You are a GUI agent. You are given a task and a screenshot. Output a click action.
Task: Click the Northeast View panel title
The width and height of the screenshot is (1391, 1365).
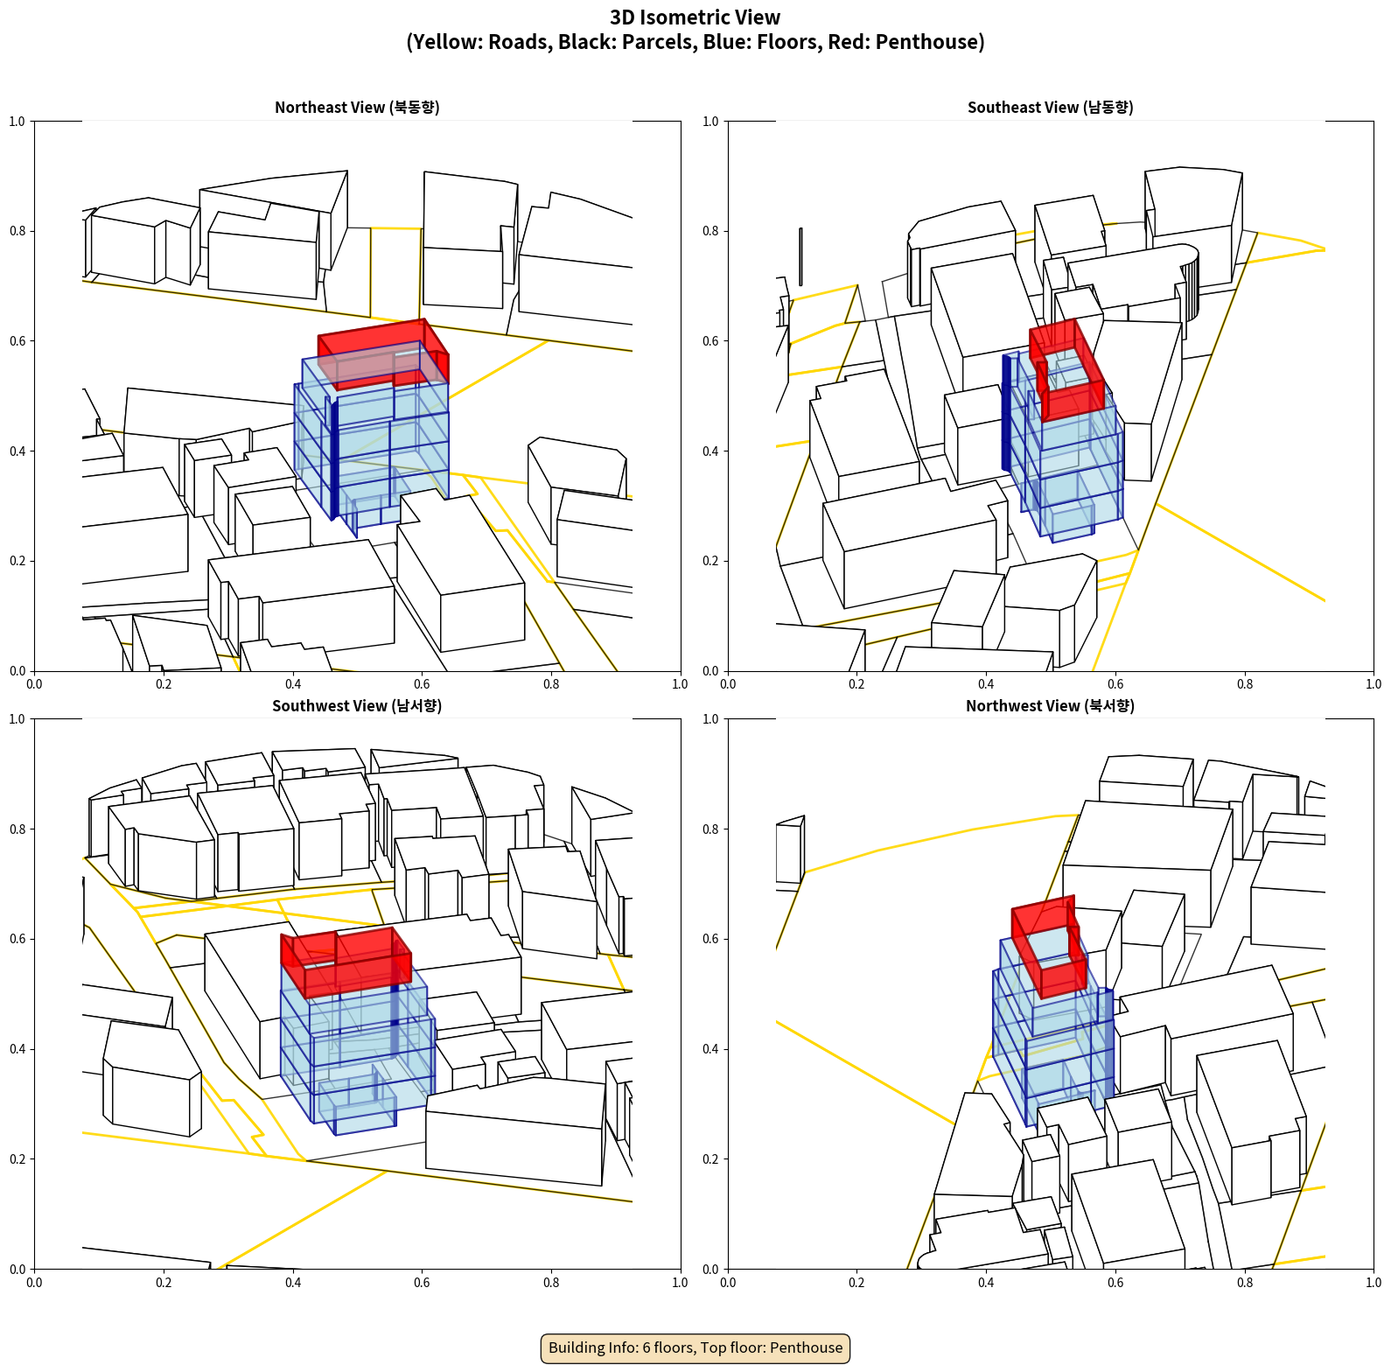pos(357,108)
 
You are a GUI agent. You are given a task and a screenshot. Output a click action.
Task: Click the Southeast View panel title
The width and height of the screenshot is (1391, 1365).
pos(1050,108)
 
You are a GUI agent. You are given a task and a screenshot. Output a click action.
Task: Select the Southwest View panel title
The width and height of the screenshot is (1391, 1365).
pos(357,706)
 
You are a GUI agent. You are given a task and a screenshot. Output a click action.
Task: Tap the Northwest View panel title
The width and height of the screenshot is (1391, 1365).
pos(1050,706)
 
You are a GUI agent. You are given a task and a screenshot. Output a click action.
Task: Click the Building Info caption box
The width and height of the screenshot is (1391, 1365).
pos(695,1347)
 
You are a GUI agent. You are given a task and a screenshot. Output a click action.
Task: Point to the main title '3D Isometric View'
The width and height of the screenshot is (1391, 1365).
pos(695,17)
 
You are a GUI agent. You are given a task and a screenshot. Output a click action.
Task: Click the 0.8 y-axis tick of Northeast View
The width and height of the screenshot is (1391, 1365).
pos(17,231)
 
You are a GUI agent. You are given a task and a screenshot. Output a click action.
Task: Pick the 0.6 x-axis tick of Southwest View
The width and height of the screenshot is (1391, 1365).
pos(422,1283)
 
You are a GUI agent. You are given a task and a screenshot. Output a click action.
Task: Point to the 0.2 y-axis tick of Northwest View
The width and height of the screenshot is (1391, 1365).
pos(711,1158)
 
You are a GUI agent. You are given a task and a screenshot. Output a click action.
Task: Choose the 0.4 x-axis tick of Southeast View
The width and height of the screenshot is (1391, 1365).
pos(986,684)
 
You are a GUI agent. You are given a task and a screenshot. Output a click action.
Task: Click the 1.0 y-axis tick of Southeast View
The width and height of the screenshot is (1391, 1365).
pos(711,122)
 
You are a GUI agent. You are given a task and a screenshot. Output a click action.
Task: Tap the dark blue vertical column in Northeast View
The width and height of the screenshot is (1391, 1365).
pos(334,459)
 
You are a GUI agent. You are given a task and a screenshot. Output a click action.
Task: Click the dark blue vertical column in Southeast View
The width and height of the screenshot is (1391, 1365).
pos(1006,411)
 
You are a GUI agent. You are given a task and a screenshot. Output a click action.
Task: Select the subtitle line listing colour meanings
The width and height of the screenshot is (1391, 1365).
pos(695,42)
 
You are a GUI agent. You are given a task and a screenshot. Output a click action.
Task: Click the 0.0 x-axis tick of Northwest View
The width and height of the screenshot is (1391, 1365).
pos(728,1283)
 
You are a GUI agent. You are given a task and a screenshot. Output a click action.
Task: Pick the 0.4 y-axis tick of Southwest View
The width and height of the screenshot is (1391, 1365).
pos(17,1048)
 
